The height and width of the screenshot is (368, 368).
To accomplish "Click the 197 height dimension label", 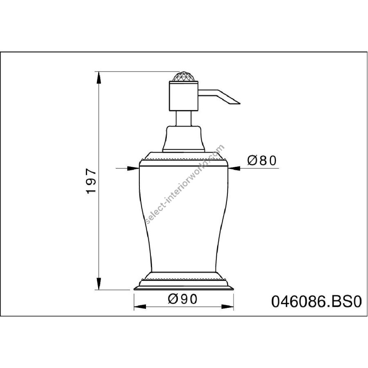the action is click(91, 180).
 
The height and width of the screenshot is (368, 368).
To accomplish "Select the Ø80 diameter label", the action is click(262, 161).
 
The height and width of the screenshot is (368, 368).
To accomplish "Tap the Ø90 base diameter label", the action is click(183, 299).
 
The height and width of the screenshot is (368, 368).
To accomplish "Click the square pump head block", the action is click(184, 96).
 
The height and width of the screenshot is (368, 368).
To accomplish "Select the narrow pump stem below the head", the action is click(184, 118).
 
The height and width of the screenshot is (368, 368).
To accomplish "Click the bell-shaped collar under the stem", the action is click(184, 139).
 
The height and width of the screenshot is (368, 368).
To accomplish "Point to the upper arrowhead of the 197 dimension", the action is click(99, 77).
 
